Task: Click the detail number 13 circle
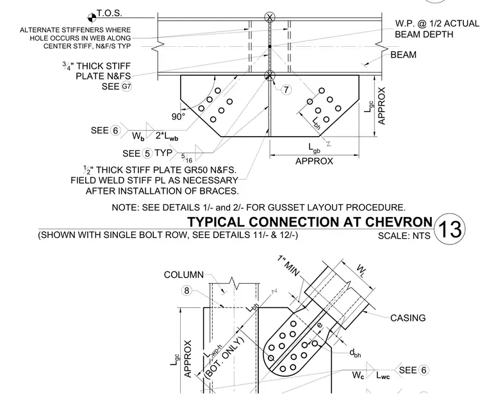coord(449,229)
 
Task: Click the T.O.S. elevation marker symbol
coord(92,18)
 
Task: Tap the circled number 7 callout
coord(286,90)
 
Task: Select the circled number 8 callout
coord(186,291)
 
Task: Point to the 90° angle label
coord(178,117)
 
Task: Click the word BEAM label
coord(403,55)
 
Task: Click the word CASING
coord(408,318)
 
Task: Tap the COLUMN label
coord(184,275)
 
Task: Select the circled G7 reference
coord(126,86)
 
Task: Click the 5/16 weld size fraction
coord(186,158)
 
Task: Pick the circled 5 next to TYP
coord(147,153)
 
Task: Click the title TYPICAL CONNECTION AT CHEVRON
coord(310,222)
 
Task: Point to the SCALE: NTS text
coord(404,236)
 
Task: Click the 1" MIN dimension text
coord(288,266)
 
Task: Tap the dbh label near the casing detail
coord(355,353)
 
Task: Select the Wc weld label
coord(358,375)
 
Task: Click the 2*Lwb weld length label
coord(167,136)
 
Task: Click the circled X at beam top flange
coord(270,17)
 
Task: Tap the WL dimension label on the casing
coord(361,270)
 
